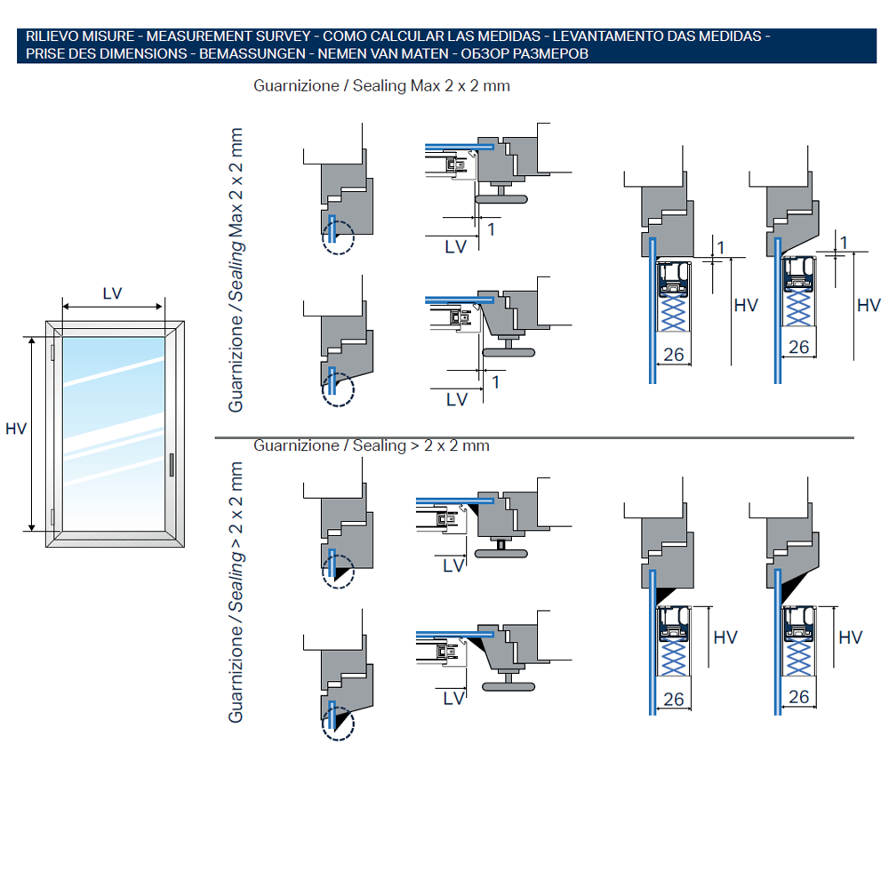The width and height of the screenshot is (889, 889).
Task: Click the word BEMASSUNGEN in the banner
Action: pos(248,53)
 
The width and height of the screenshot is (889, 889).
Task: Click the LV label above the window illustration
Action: pos(112,293)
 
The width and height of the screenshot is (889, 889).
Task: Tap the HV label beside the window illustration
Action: pos(16,429)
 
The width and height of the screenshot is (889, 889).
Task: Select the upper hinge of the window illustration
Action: pos(54,352)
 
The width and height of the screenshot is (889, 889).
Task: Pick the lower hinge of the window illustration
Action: pos(54,516)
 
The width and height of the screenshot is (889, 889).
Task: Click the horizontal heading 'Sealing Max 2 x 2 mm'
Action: pos(382,86)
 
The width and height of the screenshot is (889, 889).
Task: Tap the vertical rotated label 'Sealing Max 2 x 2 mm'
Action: pos(236,271)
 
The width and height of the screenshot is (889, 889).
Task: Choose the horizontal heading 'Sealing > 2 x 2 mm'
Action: pos(372,445)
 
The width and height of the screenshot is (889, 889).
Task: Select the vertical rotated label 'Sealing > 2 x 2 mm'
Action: pos(236,591)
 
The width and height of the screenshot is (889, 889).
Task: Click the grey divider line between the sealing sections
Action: pos(533,437)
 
